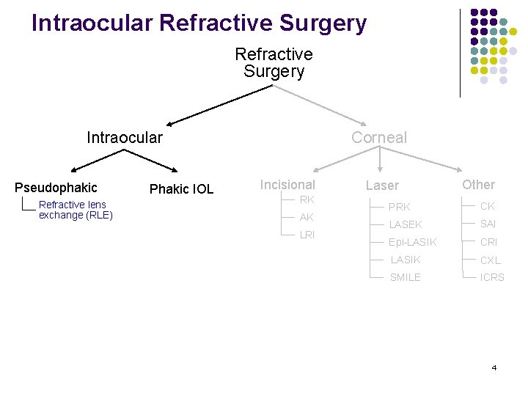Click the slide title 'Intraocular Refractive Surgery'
[x=199, y=23]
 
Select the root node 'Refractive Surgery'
[x=274, y=63]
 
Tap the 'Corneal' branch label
[x=378, y=138]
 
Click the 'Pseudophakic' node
[x=56, y=188]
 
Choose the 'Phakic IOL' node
[x=181, y=189]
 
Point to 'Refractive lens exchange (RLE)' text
[x=75, y=210]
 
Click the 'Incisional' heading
[x=287, y=185]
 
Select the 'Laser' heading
[x=382, y=186]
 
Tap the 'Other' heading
[x=478, y=185]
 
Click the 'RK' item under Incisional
[x=307, y=199]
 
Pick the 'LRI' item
[x=307, y=235]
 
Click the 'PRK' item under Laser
[x=400, y=208]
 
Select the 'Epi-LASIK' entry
[x=412, y=242]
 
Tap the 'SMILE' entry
[x=405, y=277]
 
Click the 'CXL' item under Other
[x=490, y=260]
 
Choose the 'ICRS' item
[x=492, y=278]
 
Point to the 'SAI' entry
[x=488, y=224]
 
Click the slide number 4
[x=494, y=367]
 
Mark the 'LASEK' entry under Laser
[x=405, y=224]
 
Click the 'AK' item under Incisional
[x=307, y=217]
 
